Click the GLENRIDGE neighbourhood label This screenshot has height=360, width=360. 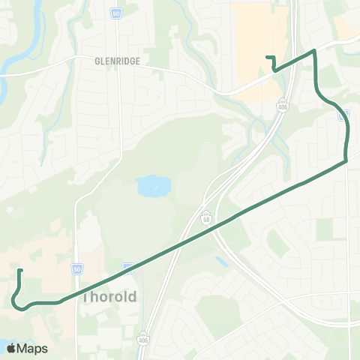[x=118, y=62]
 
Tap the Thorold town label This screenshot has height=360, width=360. [x=109, y=296]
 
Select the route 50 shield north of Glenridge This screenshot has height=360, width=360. [x=116, y=13]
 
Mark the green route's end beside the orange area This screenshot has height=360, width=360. [x=268, y=57]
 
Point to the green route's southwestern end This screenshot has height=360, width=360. [x=20, y=271]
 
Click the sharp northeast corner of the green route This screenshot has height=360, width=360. [x=314, y=51]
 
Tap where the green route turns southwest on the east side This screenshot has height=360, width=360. [x=346, y=160]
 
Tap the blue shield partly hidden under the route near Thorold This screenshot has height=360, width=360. [x=128, y=265]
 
